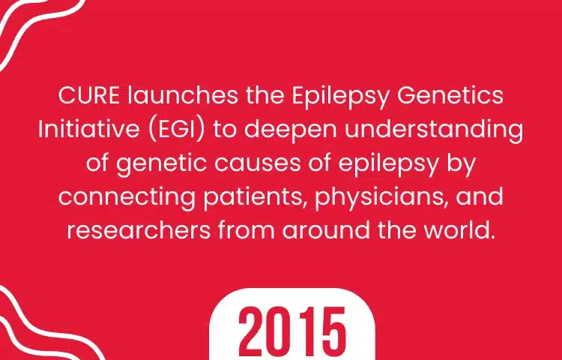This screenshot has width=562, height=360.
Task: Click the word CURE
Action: [x=89, y=96]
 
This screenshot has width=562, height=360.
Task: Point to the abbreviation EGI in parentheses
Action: [x=176, y=130]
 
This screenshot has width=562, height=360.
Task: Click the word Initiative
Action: [x=88, y=129]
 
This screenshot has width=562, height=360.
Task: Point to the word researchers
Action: [x=139, y=230]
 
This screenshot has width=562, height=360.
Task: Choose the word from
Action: [x=247, y=230]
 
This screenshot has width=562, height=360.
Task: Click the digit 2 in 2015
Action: [x=252, y=331]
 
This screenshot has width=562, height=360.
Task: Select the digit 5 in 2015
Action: [x=333, y=331]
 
